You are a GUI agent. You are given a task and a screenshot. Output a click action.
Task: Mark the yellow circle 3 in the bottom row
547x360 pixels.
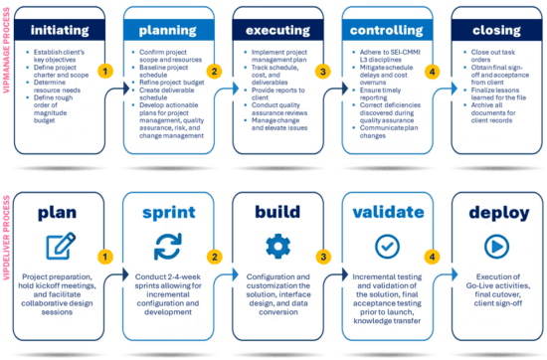pos(322,255)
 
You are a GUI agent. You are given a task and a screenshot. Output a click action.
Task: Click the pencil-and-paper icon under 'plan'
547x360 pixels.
pos(62,245)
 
